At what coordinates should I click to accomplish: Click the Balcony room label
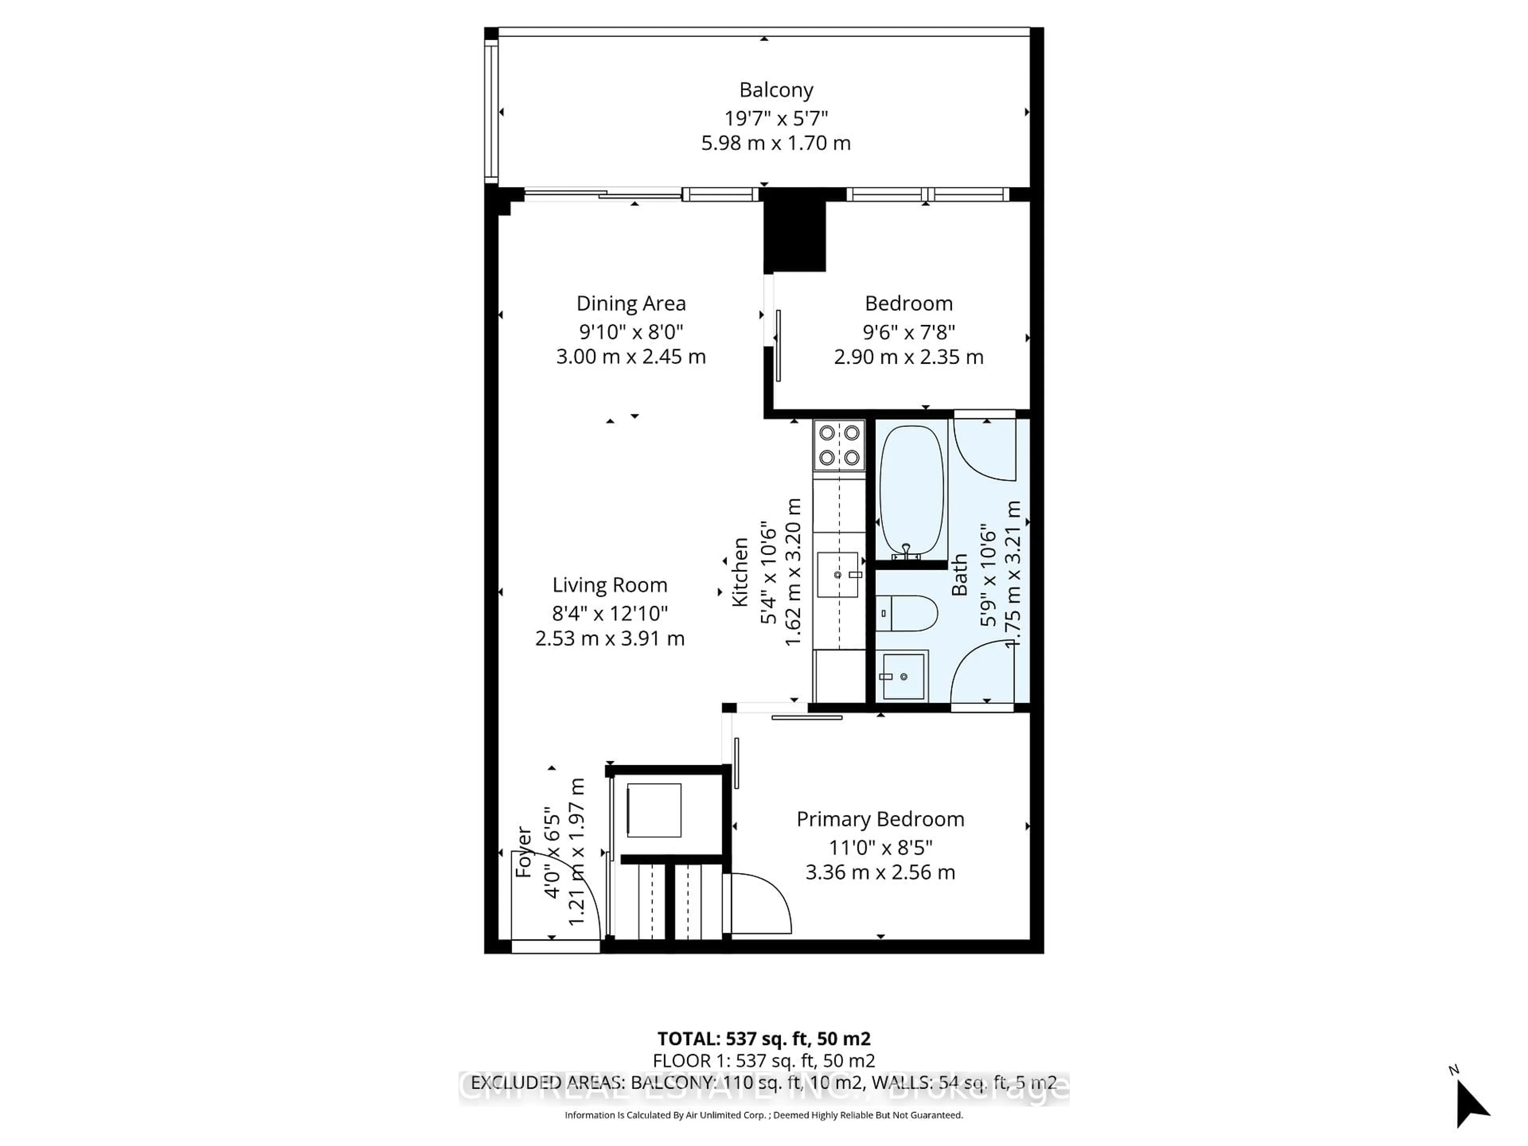(776, 90)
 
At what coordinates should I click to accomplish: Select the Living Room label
(609, 585)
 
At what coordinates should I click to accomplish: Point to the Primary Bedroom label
(880, 819)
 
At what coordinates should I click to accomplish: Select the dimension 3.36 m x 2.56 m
(880, 873)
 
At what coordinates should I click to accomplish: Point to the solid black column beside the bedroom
(794, 236)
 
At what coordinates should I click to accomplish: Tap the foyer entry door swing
(553, 898)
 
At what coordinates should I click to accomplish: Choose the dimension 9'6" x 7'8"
(908, 332)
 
